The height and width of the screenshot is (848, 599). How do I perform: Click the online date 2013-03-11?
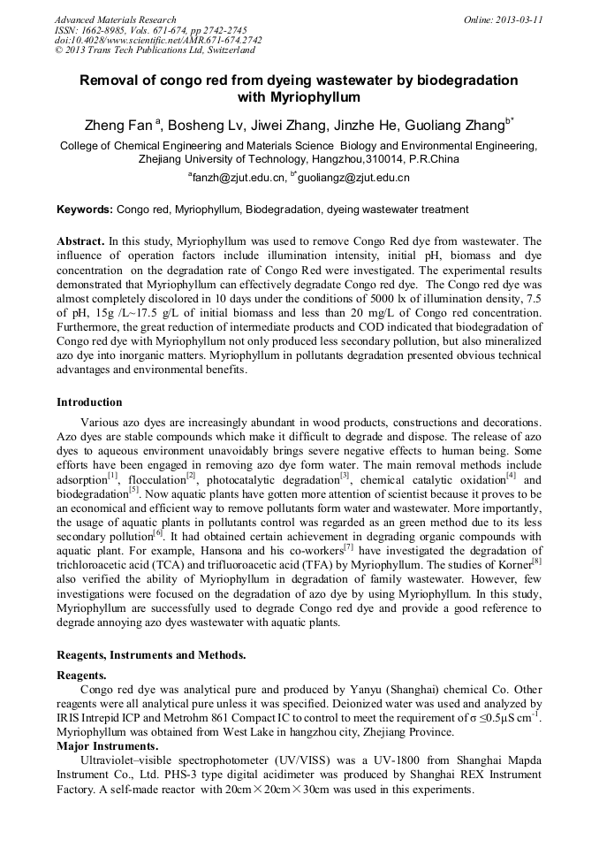point(519,19)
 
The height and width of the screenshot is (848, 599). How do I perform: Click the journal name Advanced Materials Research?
point(115,19)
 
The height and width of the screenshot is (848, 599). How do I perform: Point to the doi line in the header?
point(158,40)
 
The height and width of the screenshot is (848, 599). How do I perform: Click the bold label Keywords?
point(85,210)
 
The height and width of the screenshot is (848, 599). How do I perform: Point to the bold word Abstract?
point(81,241)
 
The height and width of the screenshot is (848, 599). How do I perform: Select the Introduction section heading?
point(89,402)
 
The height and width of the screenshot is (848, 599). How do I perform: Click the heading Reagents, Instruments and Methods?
point(151,655)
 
